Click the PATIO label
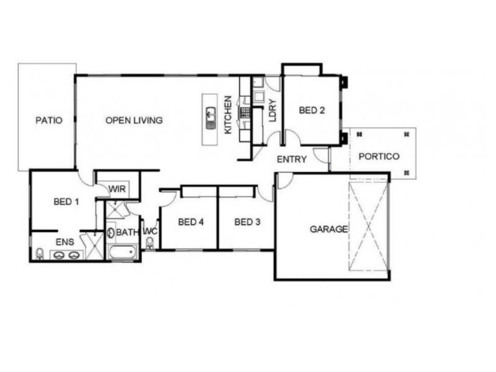(49, 120)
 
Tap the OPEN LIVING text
(134, 120)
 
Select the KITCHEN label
(228, 115)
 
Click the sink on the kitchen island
(211, 115)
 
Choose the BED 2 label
(312, 111)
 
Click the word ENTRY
(291, 159)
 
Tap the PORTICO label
(379, 156)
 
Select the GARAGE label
(329, 229)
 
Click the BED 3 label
(247, 222)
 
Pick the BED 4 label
(191, 222)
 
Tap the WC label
(149, 231)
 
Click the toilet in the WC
(149, 242)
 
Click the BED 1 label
(66, 201)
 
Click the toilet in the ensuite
(40, 254)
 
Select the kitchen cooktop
(245, 113)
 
